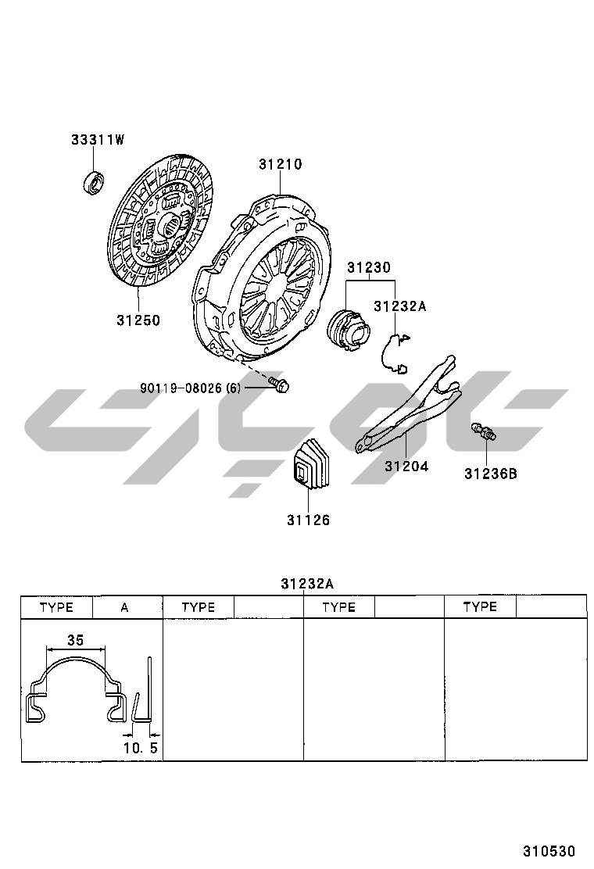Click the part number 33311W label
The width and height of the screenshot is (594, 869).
tap(98, 140)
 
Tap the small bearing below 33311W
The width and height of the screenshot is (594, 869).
tap(95, 182)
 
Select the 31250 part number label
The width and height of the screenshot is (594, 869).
tap(138, 320)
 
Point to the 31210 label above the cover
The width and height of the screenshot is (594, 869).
tap(281, 165)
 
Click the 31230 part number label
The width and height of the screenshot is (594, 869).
tap(368, 268)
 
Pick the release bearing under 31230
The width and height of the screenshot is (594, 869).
tap(348, 330)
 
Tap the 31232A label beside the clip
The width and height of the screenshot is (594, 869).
tap(399, 306)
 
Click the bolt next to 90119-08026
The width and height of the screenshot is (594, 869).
tap(279, 384)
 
